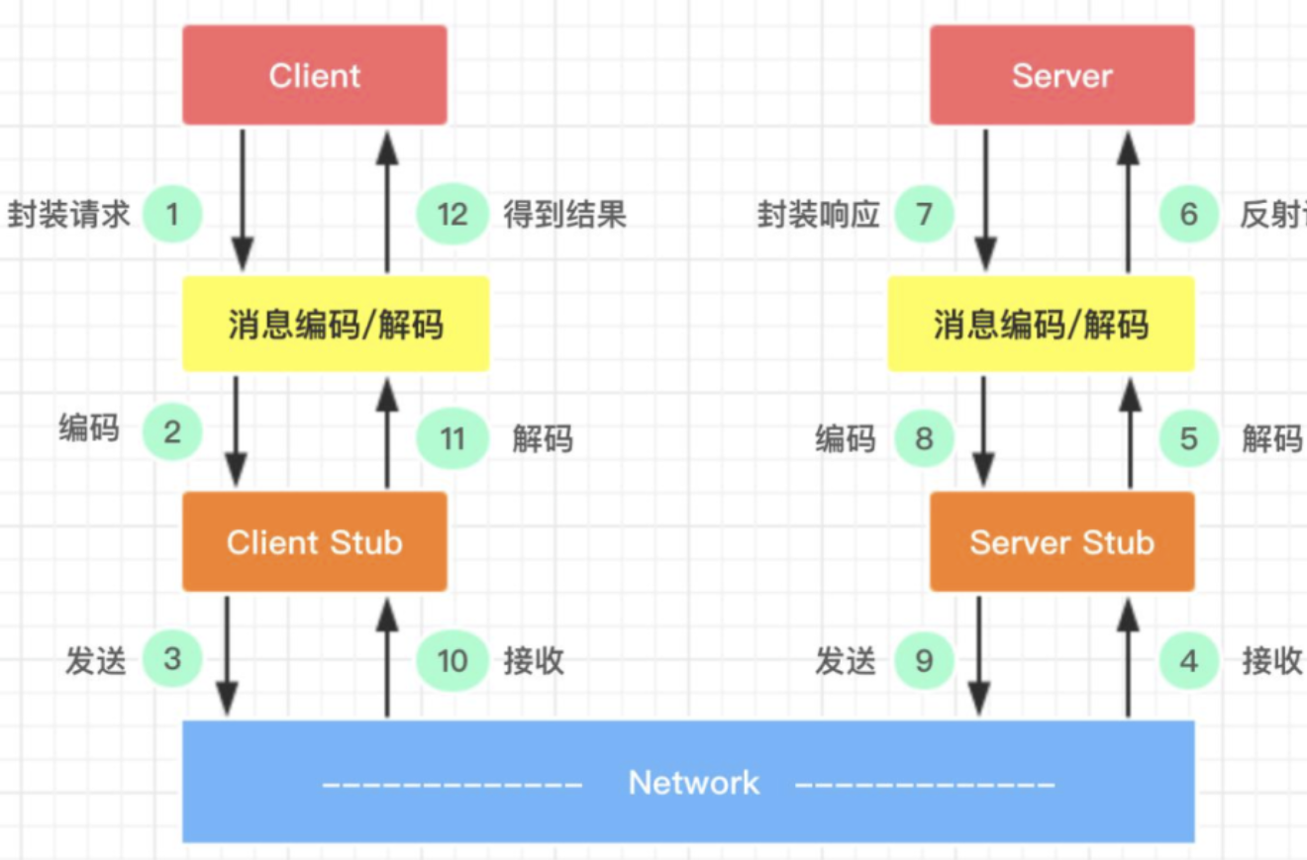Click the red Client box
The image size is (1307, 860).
tap(314, 75)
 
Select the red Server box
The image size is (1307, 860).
tap(1061, 75)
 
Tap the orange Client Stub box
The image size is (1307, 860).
tap(314, 541)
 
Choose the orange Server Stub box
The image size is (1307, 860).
tap(1061, 541)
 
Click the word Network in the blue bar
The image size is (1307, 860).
tap(693, 783)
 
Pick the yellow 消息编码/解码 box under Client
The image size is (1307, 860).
tap(336, 324)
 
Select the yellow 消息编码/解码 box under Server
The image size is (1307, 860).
tap(1041, 324)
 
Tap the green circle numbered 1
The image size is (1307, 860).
tap(172, 214)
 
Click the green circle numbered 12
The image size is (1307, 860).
tap(452, 214)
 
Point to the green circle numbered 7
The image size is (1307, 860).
tap(924, 214)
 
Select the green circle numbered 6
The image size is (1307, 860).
tap(1189, 214)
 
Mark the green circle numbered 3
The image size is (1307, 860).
tap(172, 659)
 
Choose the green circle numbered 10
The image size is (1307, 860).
tap(452, 660)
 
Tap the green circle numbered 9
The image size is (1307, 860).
tap(924, 660)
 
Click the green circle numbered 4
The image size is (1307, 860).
tap(1189, 660)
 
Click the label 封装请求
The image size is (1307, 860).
tap(69, 215)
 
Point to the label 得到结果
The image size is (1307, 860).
tap(565, 215)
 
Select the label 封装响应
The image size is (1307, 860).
tap(819, 215)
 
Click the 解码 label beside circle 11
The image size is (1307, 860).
tap(543, 438)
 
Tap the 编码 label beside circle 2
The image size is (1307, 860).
tap(89, 429)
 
